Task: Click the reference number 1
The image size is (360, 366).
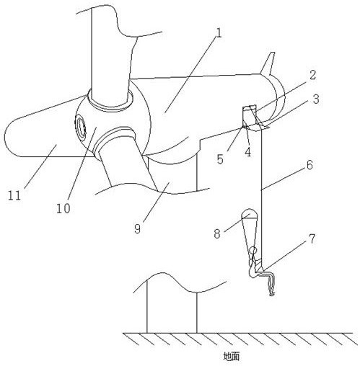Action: coord(219,33)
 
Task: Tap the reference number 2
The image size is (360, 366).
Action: coord(312,76)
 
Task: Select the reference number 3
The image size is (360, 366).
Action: coord(316,99)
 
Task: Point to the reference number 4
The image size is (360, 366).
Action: coord(247,152)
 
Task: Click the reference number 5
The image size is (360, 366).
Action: coord(220,159)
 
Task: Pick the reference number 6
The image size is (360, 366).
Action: coord(309,165)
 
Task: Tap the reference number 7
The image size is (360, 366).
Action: coord(312,239)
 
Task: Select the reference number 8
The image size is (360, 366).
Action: coord(217,233)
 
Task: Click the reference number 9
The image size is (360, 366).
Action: coord(137,228)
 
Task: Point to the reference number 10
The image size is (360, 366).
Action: coord(63,208)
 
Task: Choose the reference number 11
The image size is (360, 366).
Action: coord(14,195)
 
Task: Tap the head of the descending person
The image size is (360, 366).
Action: coord(253,251)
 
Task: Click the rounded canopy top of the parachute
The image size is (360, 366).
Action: coord(249,213)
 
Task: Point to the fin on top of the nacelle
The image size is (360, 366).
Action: coord(268,63)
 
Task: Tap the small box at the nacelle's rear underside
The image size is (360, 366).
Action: coord(250,116)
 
